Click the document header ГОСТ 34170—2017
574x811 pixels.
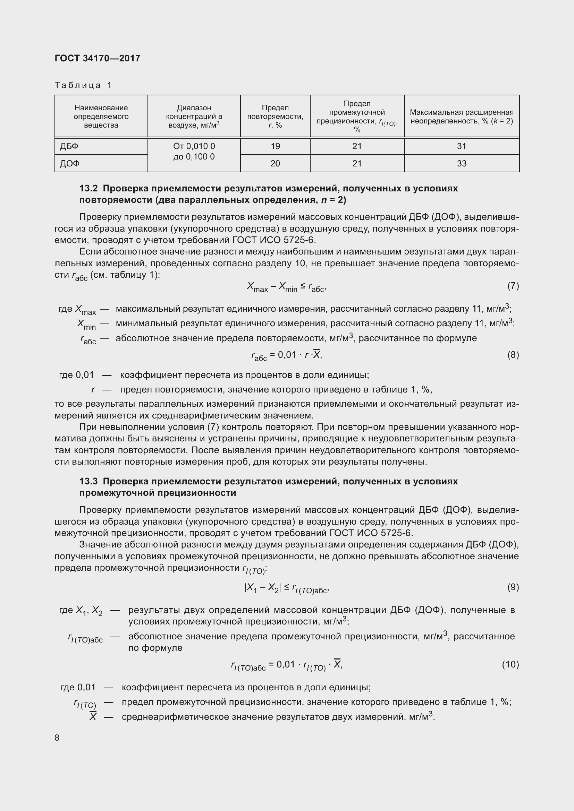click(98, 58)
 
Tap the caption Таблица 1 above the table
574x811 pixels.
click(83, 85)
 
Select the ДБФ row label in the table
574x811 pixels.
click(69, 146)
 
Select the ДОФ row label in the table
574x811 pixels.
click(70, 164)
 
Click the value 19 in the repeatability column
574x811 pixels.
click(275, 146)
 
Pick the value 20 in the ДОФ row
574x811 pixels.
click(275, 164)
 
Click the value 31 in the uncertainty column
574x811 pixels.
click(462, 146)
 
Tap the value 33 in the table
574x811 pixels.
click(462, 164)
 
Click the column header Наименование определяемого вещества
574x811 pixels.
click(101, 116)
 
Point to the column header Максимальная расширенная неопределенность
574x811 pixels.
click(462, 116)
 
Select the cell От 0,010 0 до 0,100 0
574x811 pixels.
click(194, 152)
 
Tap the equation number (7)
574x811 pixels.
click(513, 286)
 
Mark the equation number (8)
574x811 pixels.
click(513, 355)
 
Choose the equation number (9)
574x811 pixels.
click(513, 587)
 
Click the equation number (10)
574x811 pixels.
click(510, 664)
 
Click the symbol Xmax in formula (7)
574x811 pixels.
click(257, 287)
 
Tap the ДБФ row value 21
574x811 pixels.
click(357, 146)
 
